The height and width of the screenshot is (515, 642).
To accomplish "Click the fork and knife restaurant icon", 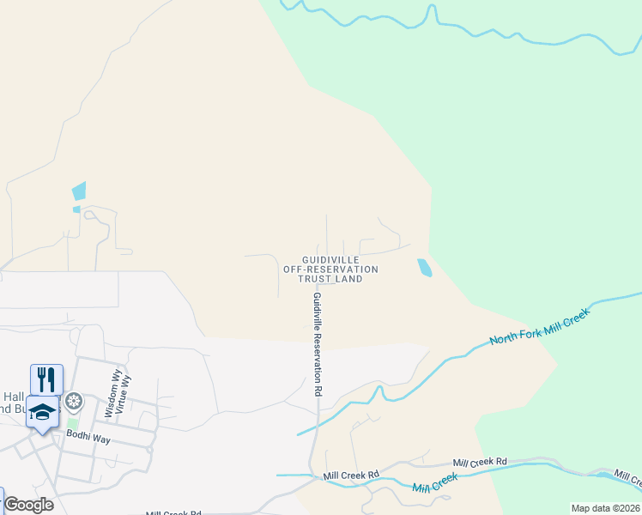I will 46,378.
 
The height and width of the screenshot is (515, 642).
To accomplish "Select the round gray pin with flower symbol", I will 75,401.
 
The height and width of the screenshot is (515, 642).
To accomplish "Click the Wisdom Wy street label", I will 110,394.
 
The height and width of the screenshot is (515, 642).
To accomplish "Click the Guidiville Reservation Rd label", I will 317,343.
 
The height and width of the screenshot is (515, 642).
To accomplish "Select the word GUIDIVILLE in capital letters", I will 330,259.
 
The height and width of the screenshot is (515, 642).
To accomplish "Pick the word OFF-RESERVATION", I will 330,270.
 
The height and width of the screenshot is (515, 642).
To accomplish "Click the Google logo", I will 28,505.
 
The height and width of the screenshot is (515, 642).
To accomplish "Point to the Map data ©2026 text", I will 605,508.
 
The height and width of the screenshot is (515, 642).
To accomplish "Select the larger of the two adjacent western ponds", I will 80,191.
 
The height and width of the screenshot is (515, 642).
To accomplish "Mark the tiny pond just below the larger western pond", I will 76,209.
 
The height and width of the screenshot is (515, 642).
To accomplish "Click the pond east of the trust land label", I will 424,268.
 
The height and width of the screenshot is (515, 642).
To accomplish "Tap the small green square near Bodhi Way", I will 73,422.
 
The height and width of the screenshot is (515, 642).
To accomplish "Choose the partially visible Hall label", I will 14,396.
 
